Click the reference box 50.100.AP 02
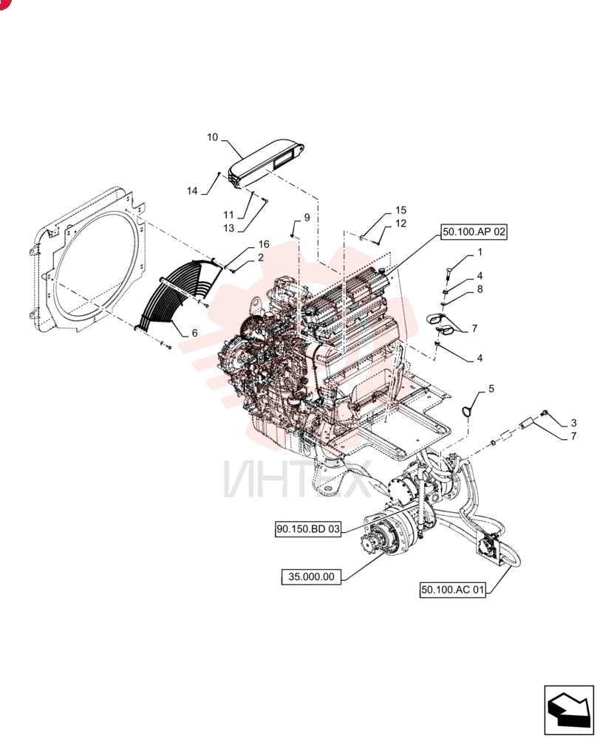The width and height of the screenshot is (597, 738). click(x=474, y=232)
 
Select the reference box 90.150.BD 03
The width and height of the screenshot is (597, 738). click(x=308, y=529)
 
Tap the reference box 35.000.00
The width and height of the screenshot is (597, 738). click(x=311, y=576)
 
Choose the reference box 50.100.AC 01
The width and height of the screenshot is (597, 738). click(x=453, y=590)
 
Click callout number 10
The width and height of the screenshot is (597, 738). click(x=213, y=137)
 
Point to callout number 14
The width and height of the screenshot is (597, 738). click(x=192, y=190)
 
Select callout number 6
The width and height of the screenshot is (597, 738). click(x=194, y=333)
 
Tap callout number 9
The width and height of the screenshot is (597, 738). click(x=307, y=218)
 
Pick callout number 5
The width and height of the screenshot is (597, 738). click(x=491, y=389)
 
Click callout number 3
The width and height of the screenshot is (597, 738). click(x=573, y=423)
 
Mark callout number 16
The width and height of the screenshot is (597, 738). click(x=264, y=244)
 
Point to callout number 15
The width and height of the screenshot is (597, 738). click(x=401, y=210)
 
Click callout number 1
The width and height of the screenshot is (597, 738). click(x=480, y=252)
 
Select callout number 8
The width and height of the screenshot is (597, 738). click(x=480, y=289)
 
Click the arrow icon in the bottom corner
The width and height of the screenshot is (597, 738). click(x=569, y=710)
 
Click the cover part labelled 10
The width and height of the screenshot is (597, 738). click(x=267, y=163)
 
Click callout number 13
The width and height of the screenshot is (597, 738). click(x=228, y=228)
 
